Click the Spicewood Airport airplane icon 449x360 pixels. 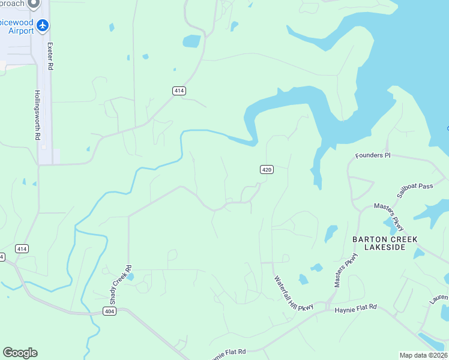(42, 25)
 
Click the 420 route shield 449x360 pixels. (267, 170)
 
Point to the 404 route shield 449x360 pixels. (109, 311)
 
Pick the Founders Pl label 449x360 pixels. (373, 155)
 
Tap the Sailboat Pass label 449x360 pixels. (415, 191)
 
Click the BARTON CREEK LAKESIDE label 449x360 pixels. (385, 243)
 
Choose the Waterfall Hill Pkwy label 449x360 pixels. (294, 293)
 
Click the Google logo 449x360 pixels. (20, 352)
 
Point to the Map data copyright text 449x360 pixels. (423, 355)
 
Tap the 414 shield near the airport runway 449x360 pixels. (179, 91)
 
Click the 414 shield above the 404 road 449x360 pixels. (22, 248)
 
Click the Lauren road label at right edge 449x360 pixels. (439, 298)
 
